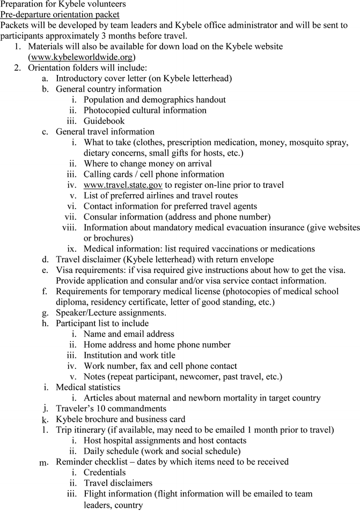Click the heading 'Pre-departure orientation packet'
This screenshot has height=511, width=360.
coord(60,14)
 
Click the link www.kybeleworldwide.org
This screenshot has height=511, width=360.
coord(81,57)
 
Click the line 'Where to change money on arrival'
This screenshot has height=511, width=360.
coord(148,164)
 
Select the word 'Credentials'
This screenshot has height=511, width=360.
coord(105,472)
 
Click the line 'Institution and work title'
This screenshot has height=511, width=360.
coord(129,356)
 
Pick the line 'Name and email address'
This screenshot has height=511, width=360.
coord(129,334)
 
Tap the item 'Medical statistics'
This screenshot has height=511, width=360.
coord(88,387)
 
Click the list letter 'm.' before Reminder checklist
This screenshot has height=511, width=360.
coord(45,463)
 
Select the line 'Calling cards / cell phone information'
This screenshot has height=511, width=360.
coord(153,174)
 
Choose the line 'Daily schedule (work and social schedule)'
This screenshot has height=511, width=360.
coord(162,451)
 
